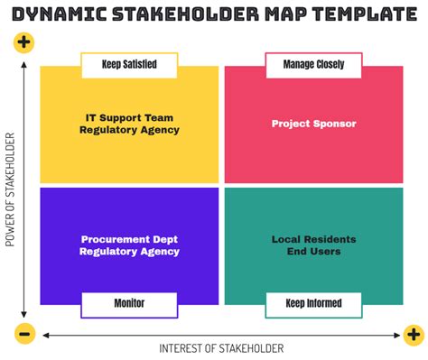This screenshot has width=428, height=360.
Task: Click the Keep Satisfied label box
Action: pos(129,65)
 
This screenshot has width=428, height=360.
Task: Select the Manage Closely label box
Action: pos(312,65)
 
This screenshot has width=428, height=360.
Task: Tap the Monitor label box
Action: pos(129,304)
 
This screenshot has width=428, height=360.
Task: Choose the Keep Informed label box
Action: pos(312,304)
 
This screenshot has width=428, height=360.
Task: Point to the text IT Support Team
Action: pos(129,117)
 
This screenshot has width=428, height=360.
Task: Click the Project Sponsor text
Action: pos(313,124)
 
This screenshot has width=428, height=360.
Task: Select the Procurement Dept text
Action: pos(129,239)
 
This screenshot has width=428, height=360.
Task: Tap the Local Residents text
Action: pos(313,239)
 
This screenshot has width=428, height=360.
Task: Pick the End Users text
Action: pos(313,252)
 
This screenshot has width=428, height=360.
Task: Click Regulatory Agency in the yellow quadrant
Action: pos(129,130)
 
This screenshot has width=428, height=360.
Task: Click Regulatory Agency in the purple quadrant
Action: pos(129,252)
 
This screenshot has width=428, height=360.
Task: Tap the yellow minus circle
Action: pos(24,334)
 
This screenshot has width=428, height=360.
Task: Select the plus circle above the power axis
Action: pos(24,42)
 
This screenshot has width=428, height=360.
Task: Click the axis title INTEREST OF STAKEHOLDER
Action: pos(221,348)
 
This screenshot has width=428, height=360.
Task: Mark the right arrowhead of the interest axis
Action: pos(399,335)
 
